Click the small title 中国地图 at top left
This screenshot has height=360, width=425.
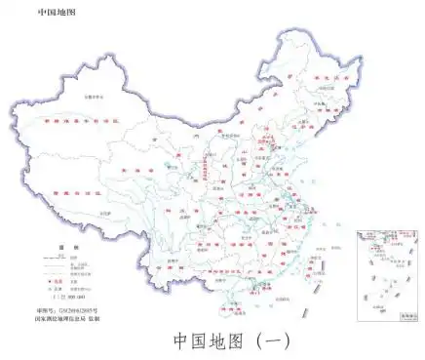[x=58, y=13]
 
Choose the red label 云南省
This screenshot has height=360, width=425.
[x=166, y=256]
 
